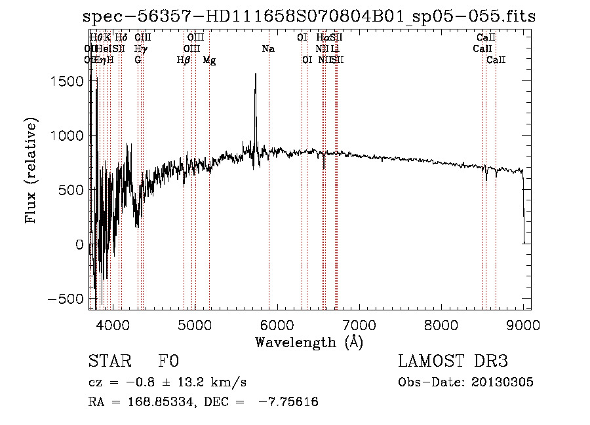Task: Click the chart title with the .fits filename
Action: [x=309, y=16]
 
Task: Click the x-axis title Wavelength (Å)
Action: [x=309, y=342]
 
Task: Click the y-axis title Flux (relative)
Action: [x=31, y=170]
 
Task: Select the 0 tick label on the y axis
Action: [x=79, y=244]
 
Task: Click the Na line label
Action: [x=268, y=48]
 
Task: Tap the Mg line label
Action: [x=209, y=60]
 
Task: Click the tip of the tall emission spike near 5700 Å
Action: [x=255, y=74]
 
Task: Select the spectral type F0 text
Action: [x=168, y=361]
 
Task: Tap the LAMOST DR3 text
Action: [x=452, y=361]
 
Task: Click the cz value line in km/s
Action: [x=167, y=382]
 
